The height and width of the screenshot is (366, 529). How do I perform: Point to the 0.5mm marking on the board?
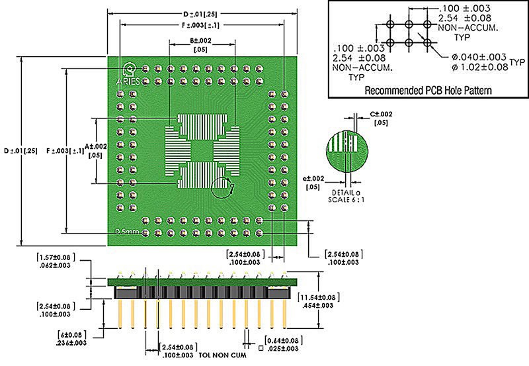pyautogui.click(x=125, y=232)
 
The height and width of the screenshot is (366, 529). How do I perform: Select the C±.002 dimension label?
pyautogui.click(x=381, y=114)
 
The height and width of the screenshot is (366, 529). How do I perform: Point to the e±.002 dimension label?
pyautogui.click(x=313, y=179)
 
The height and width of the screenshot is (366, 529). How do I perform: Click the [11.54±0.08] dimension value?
pyautogui.click(x=321, y=297)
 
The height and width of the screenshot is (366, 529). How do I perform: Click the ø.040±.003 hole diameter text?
pyautogui.click(x=471, y=57)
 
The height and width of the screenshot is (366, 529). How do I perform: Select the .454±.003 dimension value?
pyautogui.click(x=320, y=305)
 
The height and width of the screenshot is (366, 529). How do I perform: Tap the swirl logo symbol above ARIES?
pyautogui.click(x=130, y=68)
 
